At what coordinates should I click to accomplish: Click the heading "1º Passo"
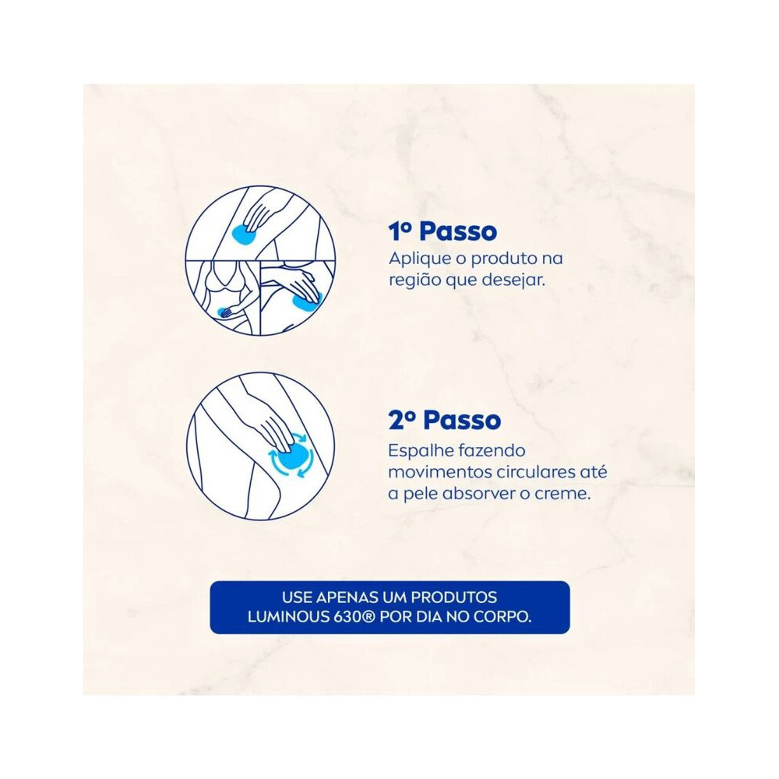pos(442,231)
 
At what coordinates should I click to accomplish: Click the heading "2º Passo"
pos(445,421)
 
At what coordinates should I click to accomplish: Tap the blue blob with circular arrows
pos(291,455)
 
